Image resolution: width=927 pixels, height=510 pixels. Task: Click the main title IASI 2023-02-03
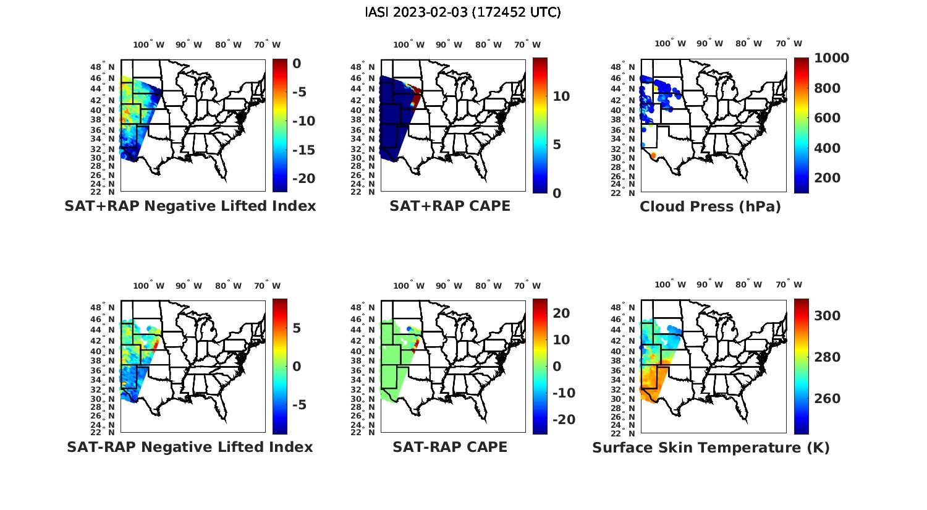point(463,12)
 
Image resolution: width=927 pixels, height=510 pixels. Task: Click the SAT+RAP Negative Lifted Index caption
point(190,206)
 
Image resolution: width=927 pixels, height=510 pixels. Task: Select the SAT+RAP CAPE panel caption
point(450,206)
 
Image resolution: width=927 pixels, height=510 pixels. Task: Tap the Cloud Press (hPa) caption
point(710,206)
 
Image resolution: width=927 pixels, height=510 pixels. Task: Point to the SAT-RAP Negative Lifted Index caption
point(190,447)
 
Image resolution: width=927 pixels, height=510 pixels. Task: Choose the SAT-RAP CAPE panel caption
point(450,447)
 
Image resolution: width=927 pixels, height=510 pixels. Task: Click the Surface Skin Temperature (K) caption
point(711,448)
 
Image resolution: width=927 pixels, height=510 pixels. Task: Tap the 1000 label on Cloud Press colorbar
point(831,58)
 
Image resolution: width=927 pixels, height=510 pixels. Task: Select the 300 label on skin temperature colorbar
point(827,316)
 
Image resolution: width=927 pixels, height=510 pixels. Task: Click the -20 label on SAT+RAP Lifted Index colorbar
point(303,179)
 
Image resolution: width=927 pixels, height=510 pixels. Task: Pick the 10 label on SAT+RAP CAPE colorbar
point(561,96)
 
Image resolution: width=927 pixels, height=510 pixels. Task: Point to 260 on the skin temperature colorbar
point(827,399)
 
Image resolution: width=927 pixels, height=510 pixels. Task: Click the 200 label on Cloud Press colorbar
point(827,178)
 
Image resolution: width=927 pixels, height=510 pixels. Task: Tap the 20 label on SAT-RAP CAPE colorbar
point(561,313)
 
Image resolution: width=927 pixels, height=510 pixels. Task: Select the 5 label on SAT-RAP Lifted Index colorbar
point(297,328)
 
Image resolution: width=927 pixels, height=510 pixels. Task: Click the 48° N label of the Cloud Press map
point(629,67)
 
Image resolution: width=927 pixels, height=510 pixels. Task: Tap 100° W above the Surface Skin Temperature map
point(671,285)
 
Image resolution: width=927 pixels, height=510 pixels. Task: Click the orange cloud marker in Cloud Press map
point(653,155)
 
